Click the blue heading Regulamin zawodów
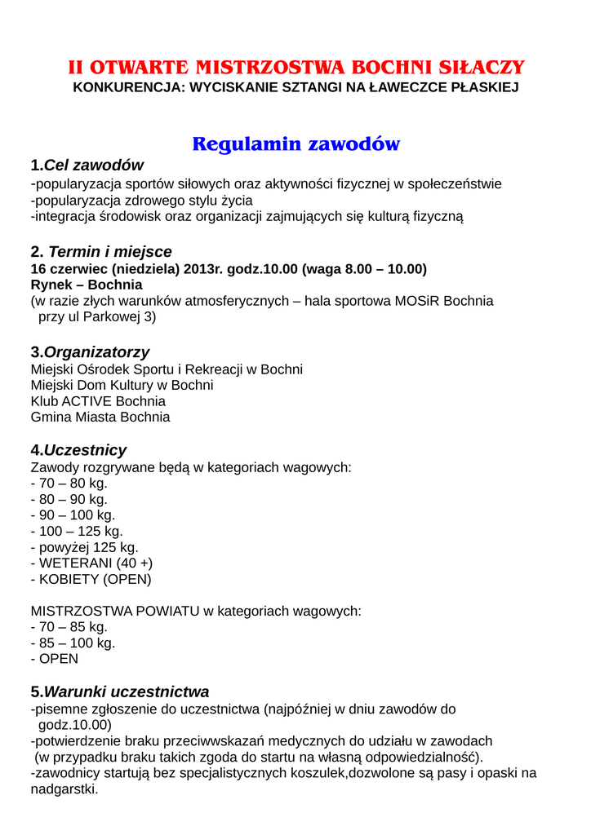[295, 144]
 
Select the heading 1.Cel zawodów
[87, 166]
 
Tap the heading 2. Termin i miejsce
[101, 252]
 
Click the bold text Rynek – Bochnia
[87, 285]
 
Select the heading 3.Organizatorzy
[90, 352]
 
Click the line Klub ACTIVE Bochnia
[98, 401]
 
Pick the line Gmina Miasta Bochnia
[100, 417]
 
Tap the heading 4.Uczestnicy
[78, 450]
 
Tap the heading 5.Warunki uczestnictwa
[119, 691]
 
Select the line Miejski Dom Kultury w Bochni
[122, 385]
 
